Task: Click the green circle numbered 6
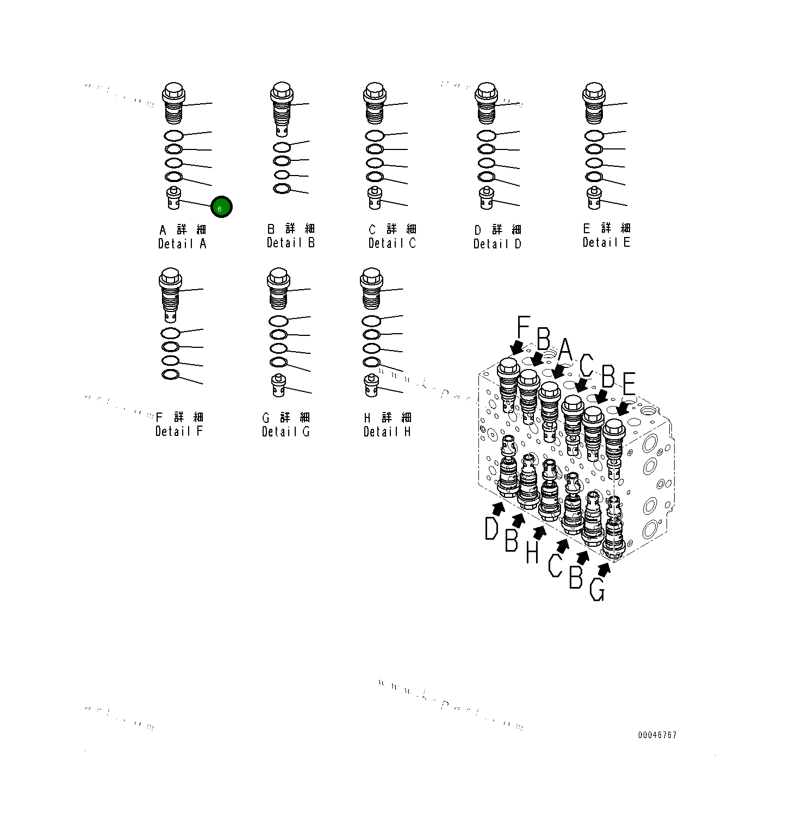coord(221,207)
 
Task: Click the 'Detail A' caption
coord(182,243)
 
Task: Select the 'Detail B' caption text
coord(290,242)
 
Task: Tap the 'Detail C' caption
coord(391,243)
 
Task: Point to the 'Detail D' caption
coord(497,243)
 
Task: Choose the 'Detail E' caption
coord(606,242)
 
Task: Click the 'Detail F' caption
coord(179,431)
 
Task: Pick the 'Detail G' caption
coord(285,432)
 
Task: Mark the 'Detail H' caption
coord(387,432)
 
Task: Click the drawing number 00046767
coord(657,735)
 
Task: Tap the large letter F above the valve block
coord(523,328)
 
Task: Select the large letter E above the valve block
coord(629,385)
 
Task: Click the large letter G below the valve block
coord(597,590)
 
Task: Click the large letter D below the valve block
coord(491,528)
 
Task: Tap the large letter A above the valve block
coord(565,351)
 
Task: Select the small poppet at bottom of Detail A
coord(173,198)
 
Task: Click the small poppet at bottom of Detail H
coord(371,386)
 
